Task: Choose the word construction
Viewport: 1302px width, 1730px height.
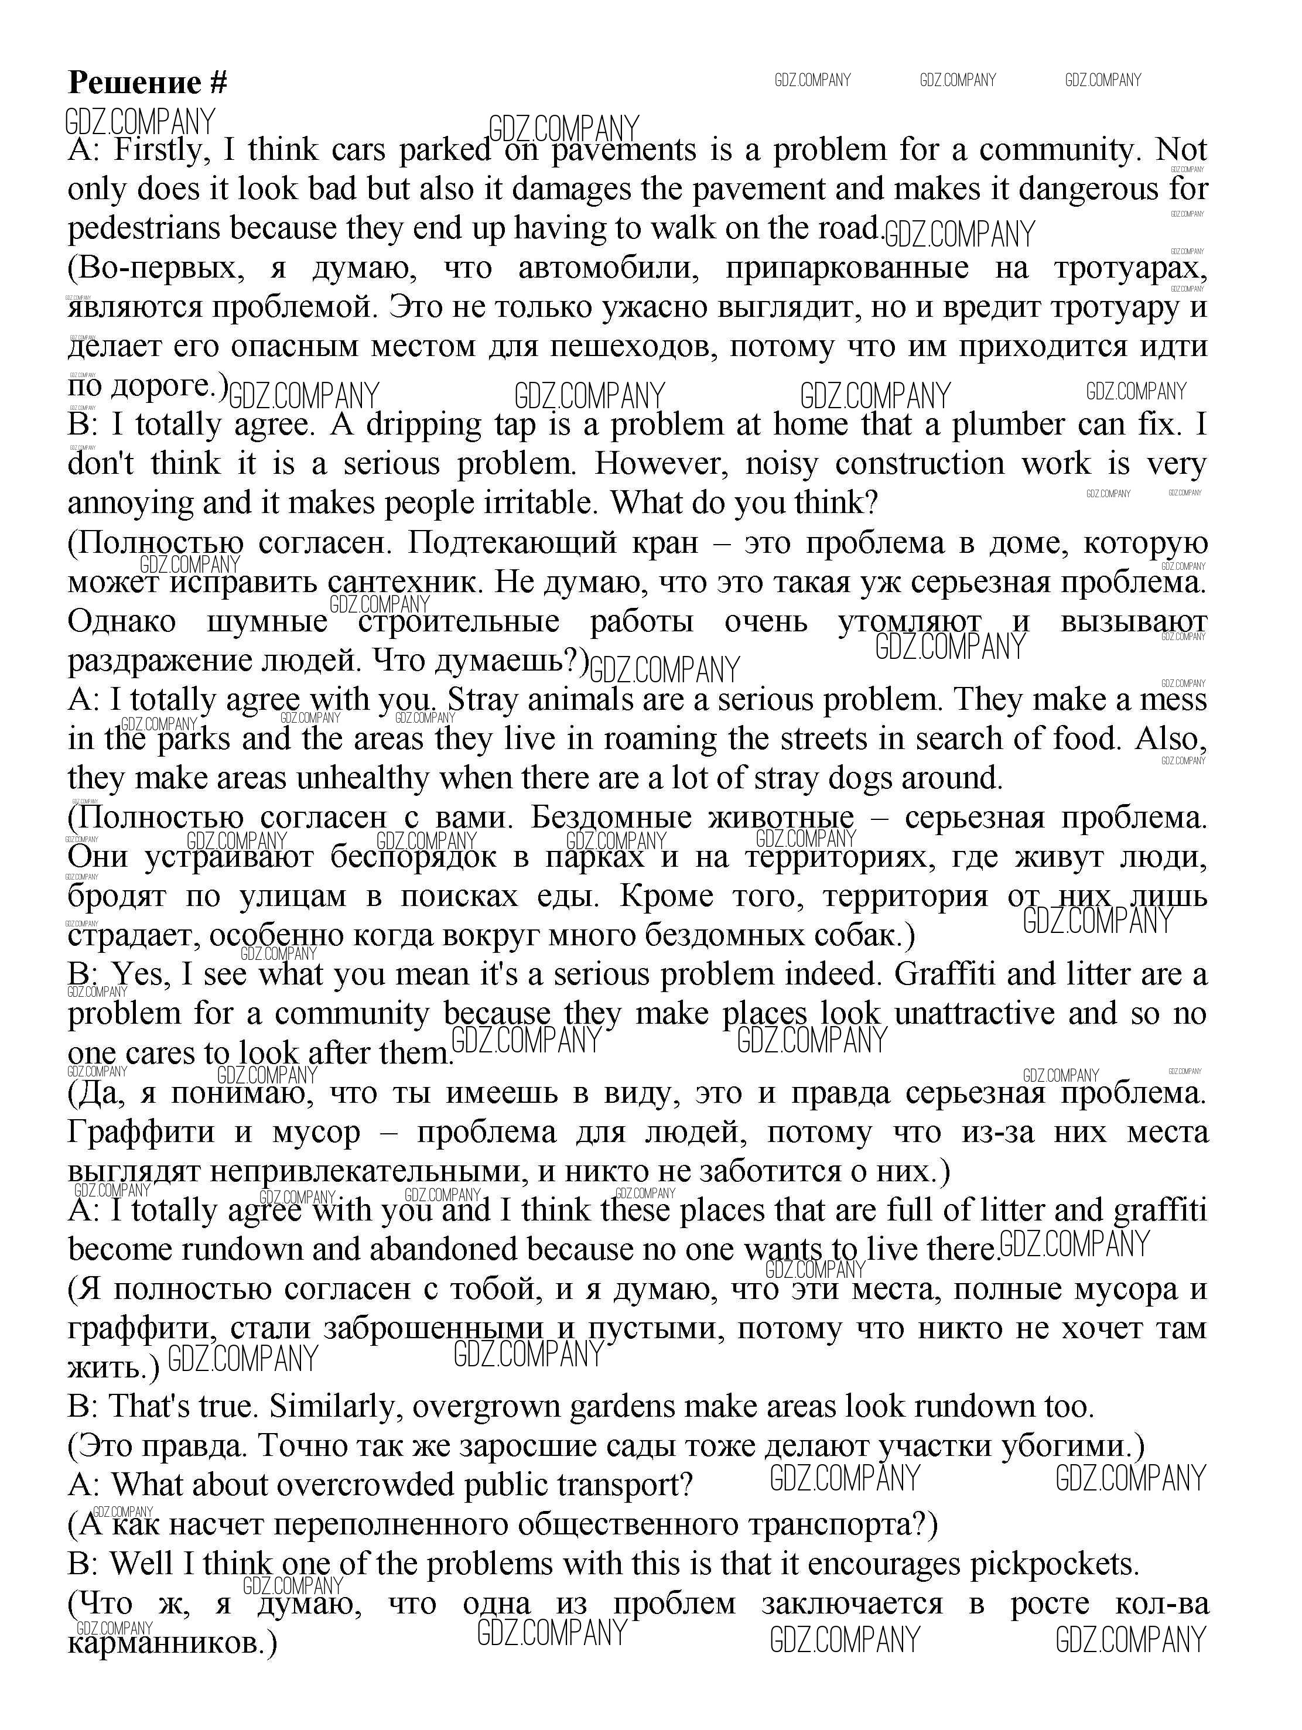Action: click(919, 463)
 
